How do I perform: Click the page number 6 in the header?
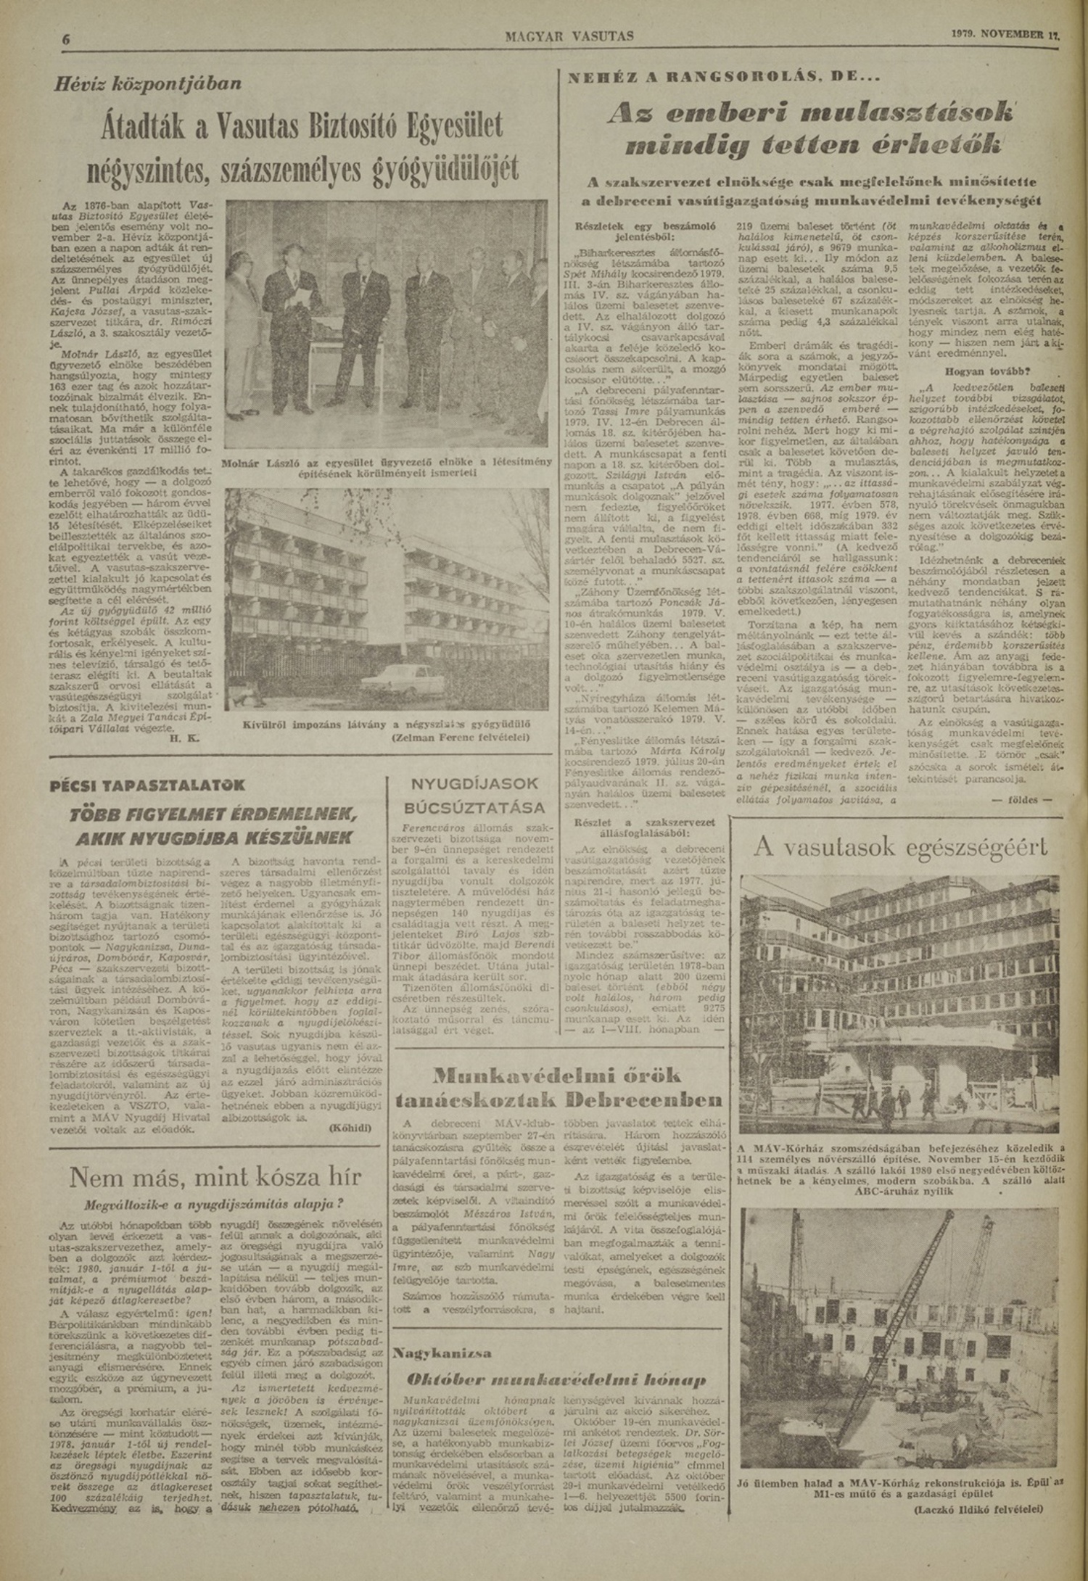(65, 40)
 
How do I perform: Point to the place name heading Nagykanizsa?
(442, 1353)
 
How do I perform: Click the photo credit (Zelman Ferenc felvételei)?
(459, 738)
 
